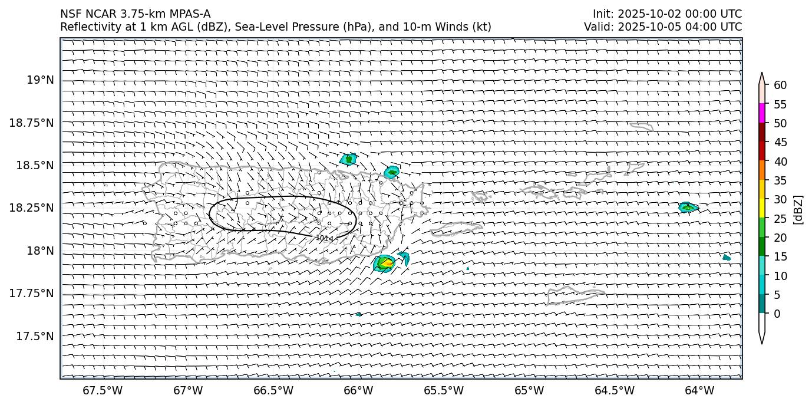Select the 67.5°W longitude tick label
tap(102, 391)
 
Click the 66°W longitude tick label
tap(358, 391)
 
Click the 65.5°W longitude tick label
tap(444, 391)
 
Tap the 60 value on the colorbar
tap(780, 85)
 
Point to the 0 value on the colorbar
tap(777, 314)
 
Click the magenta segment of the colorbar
tap(762, 113)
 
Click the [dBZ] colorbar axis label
tap(799, 209)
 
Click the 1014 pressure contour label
tap(324, 238)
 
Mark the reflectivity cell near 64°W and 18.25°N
tap(687, 207)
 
